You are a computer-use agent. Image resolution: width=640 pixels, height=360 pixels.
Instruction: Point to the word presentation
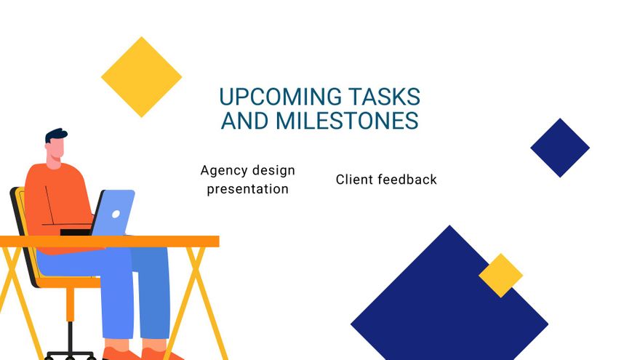247,189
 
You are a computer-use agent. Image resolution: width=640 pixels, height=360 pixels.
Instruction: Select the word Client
353,179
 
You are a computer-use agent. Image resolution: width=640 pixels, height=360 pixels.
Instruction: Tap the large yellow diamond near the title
141,77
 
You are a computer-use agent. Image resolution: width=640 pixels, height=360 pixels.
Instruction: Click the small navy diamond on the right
559,148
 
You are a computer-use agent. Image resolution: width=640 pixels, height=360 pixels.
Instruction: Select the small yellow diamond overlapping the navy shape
500,275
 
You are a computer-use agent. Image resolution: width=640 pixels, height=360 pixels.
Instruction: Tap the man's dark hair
55,136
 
